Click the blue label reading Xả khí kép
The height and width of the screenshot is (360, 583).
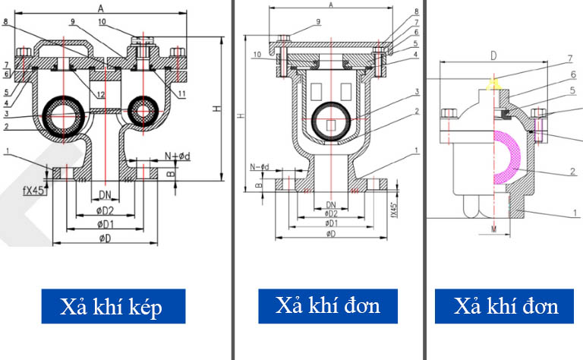click(x=112, y=308)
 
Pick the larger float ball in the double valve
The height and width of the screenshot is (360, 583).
click(x=64, y=113)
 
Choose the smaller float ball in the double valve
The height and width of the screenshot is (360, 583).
click(x=142, y=112)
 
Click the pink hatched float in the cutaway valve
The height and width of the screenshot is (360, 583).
click(x=510, y=159)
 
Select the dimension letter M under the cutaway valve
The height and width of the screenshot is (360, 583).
click(x=493, y=228)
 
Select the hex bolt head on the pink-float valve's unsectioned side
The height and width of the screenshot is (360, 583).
click(x=449, y=115)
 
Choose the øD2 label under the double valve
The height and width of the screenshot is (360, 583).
click(x=105, y=210)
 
